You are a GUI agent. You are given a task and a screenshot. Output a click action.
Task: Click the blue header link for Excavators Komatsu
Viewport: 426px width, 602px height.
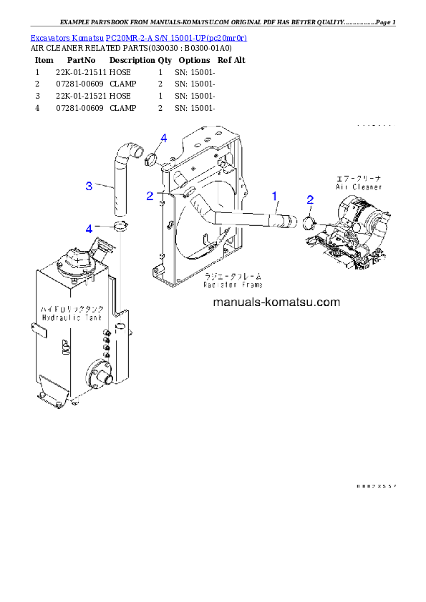coord(138,37)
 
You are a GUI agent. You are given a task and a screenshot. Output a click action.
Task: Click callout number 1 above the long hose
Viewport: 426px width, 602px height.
coord(273,194)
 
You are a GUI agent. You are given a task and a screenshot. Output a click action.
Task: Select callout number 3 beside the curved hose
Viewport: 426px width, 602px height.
coord(89,186)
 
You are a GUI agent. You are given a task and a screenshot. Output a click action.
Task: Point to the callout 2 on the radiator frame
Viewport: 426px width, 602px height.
coord(150,195)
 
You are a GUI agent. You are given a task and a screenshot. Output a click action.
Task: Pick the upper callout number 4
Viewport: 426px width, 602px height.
coord(163,137)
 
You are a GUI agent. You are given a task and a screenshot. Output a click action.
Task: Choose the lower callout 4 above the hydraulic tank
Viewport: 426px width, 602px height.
coord(89,228)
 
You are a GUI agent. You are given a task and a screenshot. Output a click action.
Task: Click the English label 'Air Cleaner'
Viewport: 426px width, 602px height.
coord(358,187)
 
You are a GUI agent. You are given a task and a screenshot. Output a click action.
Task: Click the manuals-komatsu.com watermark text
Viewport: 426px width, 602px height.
coord(276,302)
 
